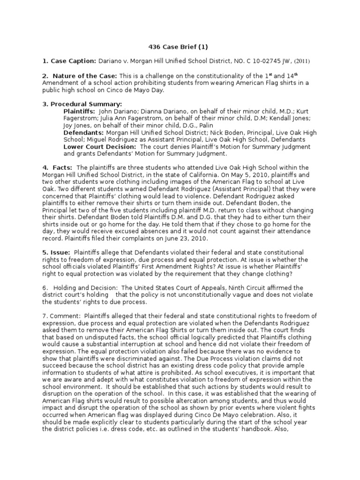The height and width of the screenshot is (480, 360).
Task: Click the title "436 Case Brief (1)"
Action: coord(178,47)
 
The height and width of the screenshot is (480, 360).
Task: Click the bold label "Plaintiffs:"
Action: coord(79,111)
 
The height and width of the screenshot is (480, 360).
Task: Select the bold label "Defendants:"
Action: coord(82,133)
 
